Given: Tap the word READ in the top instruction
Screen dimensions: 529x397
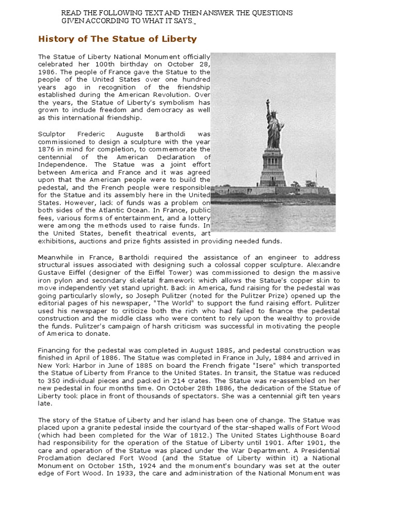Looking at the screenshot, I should click(70, 12).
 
